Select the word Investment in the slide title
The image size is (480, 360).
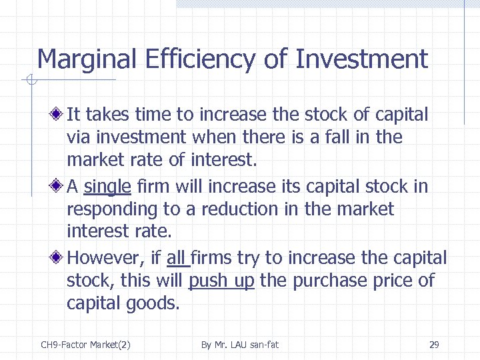tap(361, 60)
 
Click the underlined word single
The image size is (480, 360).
tap(107, 186)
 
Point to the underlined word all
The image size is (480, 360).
tap(176, 258)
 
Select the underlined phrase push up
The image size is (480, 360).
tap(221, 281)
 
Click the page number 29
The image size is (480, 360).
tap(434, 345)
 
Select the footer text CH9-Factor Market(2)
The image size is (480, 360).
tap(85, 345)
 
